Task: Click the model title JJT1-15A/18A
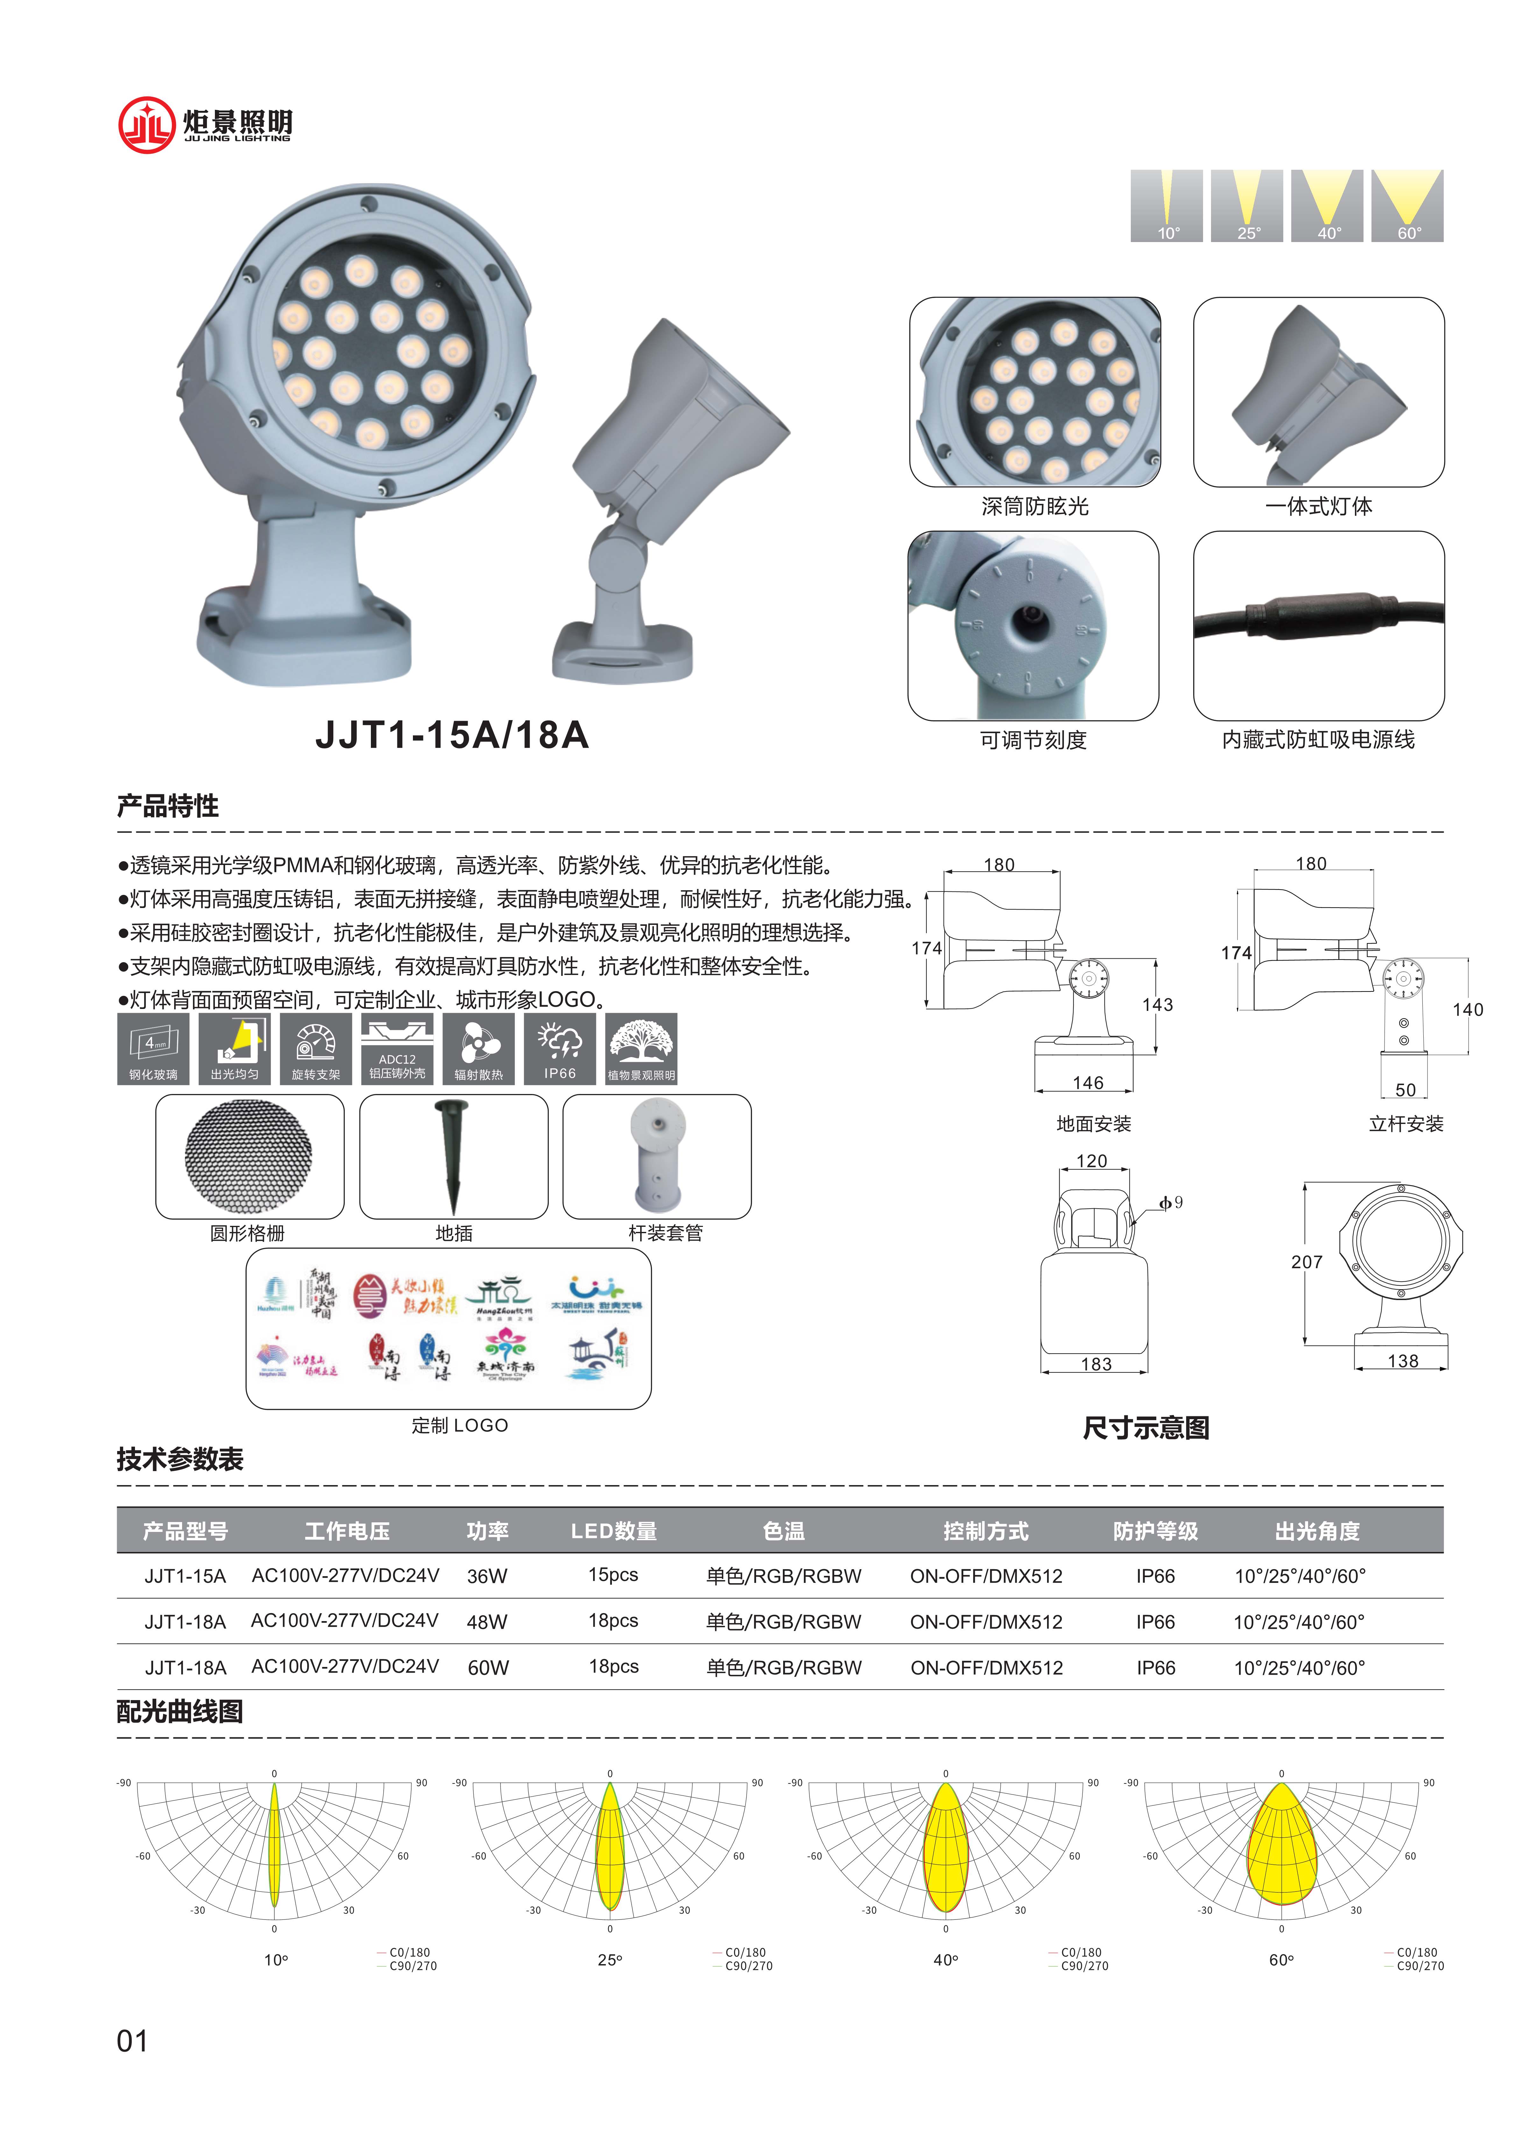point(452,735)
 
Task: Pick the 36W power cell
point(487,1576)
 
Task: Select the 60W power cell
point(488,1668)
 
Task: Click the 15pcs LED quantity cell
point(613,1575)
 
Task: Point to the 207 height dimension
point(1307,1262)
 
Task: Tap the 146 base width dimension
point(1087,1083)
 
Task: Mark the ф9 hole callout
point(1170,1202)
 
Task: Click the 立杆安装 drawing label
point(1406,1124)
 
